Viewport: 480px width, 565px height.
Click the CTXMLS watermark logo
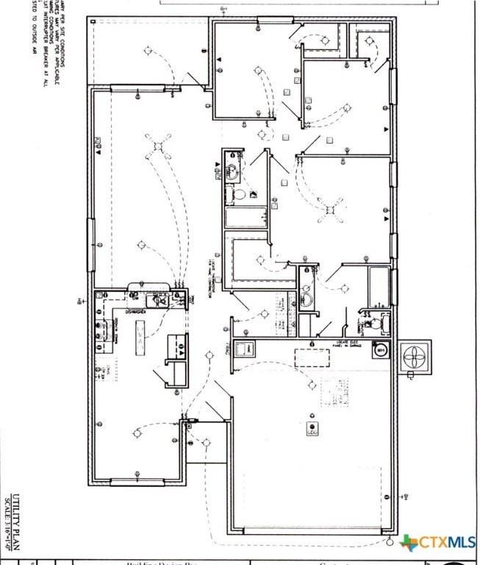point(438,543)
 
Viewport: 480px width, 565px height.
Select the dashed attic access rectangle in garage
point(312,358)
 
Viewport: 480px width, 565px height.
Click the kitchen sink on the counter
point(157,299)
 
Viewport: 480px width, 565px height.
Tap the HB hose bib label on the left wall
point(78,301)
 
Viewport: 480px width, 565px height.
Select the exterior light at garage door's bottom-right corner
point(390,543)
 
